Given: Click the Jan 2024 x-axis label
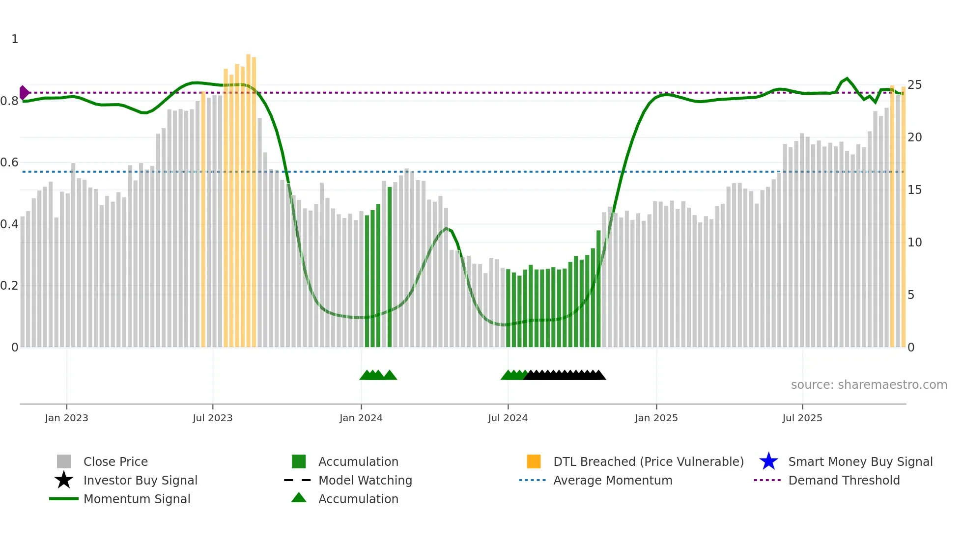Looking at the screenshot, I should coord(361,418).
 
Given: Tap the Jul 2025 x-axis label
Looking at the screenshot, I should coord(802,418).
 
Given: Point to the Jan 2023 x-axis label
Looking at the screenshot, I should coord(66,418).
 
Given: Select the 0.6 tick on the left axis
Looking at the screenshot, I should coord(9,162).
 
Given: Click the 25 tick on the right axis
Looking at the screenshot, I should coord(914,85).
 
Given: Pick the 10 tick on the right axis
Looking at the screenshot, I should coord(914,243).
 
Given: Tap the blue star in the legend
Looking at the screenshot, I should coord(768,461).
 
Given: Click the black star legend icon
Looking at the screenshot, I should coord(64,480).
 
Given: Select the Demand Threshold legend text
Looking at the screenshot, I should coord(844,480).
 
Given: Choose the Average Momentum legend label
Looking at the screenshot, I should coord(613,480).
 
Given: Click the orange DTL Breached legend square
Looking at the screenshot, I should coord(534,461).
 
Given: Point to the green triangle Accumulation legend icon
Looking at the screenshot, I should coord(299,498).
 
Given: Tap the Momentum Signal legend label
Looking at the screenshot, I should coord(137,499).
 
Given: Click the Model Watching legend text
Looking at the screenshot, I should coord(365,480).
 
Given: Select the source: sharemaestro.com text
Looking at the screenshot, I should coord(869,385).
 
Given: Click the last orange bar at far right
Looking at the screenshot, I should coord(903,216).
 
